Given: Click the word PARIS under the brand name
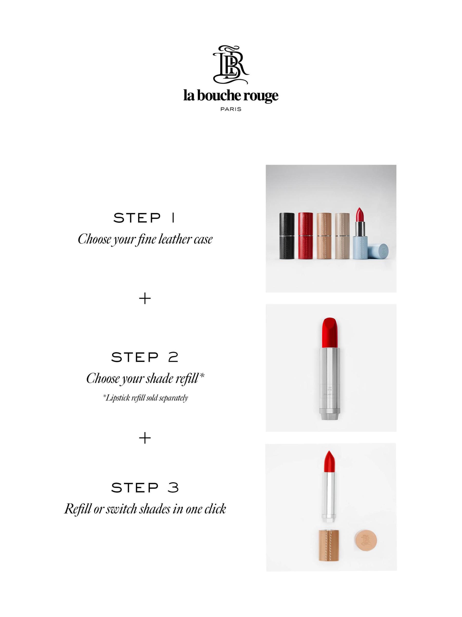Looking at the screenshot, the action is pyautogui.click(x=231, y=109).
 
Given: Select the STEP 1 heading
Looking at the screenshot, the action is pyautogui.click(x=144, y=218).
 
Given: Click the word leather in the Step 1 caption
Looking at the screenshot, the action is pyautogui.click(x=171, y=239).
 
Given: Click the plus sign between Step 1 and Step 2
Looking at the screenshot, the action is pyautogui.click(x=145, y=299).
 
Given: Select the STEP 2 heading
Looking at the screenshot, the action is pyautogui.click(x=144, y=357).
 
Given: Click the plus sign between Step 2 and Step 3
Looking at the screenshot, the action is pyautogui.click(x=145, y=438).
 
